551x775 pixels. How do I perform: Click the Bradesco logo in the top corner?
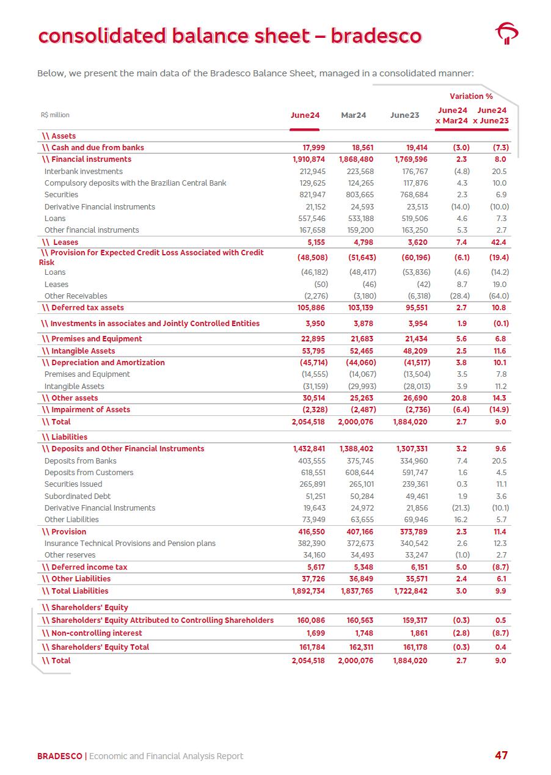[x=506, y=34]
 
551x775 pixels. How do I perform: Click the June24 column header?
[x=305, y=115]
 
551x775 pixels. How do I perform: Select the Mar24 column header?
[x=353, y=115]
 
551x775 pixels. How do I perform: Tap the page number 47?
[x=501, y=755]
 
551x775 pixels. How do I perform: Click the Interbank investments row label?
[x=84, y=172]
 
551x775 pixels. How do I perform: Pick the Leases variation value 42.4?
[x=499, y=242]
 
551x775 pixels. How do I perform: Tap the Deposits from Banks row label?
[x=80, y=461]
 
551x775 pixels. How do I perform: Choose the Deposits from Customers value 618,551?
[x=311, y=473]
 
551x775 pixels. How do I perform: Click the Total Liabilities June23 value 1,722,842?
[x=410, y=591]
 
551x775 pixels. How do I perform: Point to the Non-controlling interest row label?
[x=96, y=633]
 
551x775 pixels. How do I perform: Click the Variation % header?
[x=471, y=96]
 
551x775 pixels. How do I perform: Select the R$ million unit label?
[x=55, y=115]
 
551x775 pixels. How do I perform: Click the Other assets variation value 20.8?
[x=461, y=398]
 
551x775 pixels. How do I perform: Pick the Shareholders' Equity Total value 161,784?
[x=310, y=647]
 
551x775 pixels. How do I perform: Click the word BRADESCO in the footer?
[x=59, y=756]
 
